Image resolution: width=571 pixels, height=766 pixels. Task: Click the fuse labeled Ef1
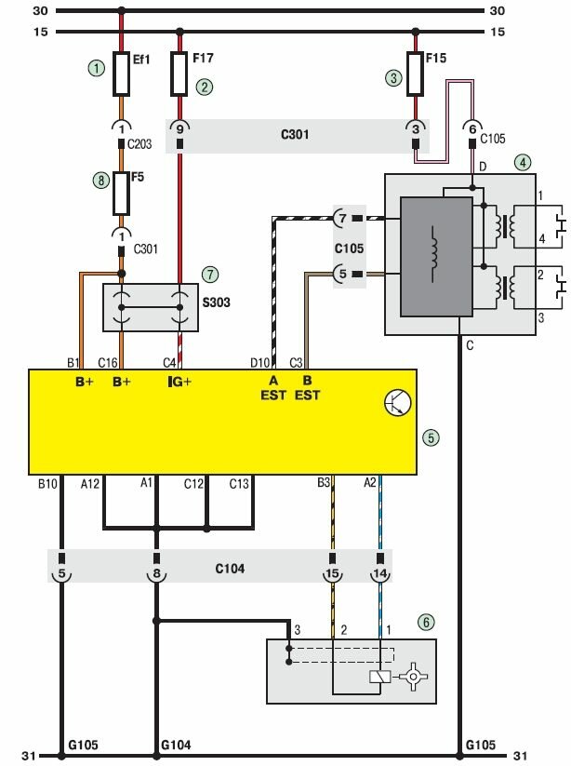pos(121,74)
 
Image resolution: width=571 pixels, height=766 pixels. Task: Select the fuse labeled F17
pos(181,74)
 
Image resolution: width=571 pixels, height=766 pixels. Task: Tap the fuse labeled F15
pos(415,74)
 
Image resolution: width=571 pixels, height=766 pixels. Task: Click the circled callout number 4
pos(524,162)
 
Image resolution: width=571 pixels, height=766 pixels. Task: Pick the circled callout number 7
pos(211,275)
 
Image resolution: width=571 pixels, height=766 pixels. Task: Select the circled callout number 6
pos(426,622)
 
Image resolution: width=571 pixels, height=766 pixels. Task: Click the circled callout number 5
pos(430,437)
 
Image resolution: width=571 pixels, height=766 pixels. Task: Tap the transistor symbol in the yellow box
pos(396,402)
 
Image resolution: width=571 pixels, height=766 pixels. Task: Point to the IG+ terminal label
pos(179,382)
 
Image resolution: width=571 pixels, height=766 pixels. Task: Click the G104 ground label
pos(175,745)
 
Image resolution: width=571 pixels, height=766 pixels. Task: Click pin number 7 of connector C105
pos(342,218)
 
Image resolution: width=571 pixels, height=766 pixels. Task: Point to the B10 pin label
pos(48,483)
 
